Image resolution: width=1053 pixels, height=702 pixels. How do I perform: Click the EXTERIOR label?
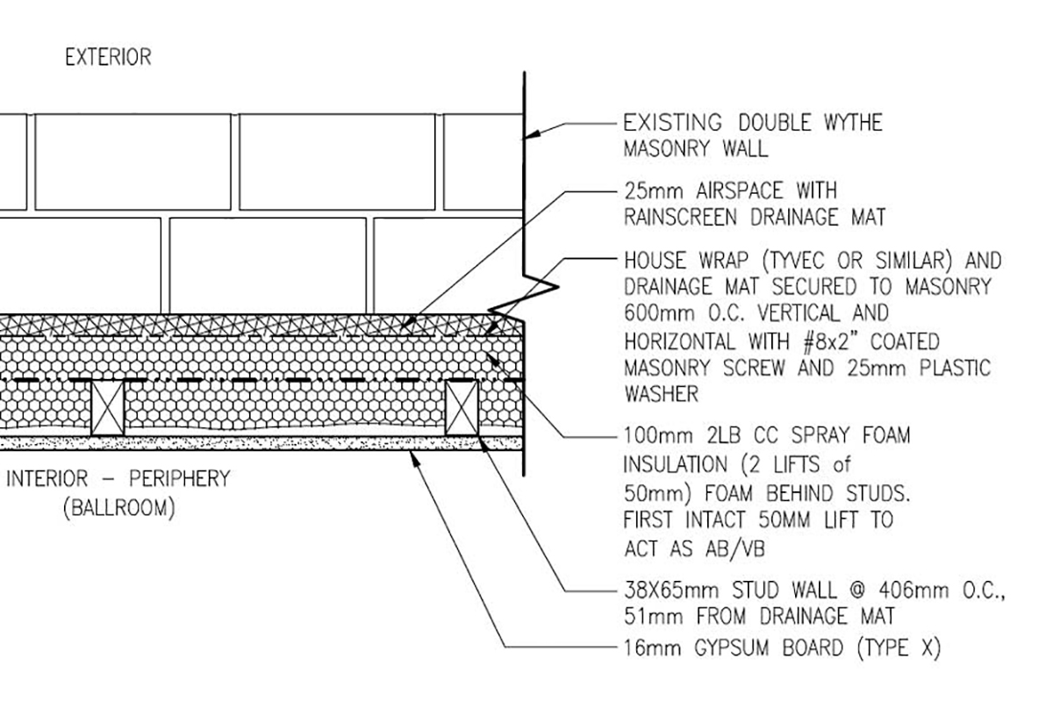point(108,57)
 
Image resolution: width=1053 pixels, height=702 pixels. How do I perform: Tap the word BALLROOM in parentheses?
point(119,508)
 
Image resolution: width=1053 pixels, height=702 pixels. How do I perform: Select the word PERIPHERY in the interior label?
point(180,478)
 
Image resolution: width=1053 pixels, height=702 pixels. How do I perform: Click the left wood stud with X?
point(108,408)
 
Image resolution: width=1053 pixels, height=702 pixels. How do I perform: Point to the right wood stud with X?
point(462,408)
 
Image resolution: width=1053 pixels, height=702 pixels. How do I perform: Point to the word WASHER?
point(661,394)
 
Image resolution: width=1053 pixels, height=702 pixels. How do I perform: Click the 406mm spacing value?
point(913,591)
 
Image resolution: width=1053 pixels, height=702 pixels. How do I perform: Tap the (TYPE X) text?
point(899,648)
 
